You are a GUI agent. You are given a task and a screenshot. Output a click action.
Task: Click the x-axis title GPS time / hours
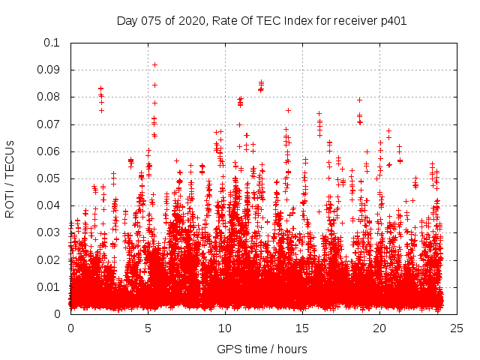[262, 349]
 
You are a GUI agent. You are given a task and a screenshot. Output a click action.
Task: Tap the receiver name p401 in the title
[393, 20]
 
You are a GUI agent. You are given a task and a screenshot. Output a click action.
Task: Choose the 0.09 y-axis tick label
[49, 70]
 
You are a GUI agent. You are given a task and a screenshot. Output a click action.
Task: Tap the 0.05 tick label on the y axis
[49, 178]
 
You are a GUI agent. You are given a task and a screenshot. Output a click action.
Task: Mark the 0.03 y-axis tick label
[49, 232]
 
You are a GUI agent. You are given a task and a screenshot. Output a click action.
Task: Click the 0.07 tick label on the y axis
[49, 124]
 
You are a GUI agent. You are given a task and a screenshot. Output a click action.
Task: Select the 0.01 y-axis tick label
[49, 286]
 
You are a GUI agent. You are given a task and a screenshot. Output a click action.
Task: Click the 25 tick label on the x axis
[457, 328]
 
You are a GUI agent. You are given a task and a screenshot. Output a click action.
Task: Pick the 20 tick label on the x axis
[379, 328]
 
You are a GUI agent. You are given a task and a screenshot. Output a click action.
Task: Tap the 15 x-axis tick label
[302, 328]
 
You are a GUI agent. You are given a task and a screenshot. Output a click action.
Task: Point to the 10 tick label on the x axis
[225, 328]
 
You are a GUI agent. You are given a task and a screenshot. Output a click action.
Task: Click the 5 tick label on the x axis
[148, 328]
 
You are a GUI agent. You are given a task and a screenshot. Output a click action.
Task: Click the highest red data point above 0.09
[154, 64]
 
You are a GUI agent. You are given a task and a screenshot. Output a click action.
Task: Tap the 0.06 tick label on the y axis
[49, 151]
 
